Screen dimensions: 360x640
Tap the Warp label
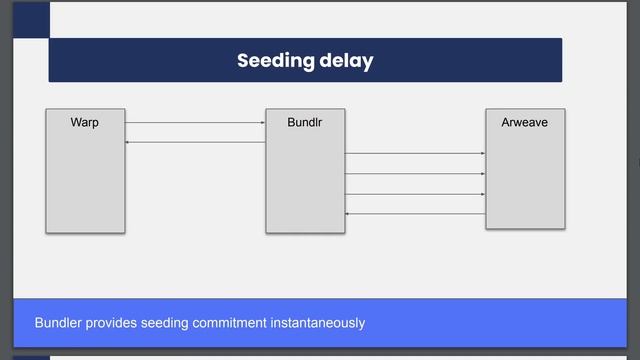click(85, 123)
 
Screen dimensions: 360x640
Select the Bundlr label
click(304, 123)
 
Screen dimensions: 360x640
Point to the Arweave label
click(524, 123)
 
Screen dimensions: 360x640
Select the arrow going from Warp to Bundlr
click(195, 123)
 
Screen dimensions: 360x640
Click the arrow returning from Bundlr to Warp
click(195, 143)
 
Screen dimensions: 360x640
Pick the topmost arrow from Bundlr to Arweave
click(415, 153)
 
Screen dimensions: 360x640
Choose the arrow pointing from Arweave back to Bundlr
click(415, 214)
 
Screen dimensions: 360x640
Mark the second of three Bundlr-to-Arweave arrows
click(415, 174)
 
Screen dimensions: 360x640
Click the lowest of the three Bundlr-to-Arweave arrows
click(415, 194)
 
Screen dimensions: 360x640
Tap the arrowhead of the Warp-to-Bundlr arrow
click(263, 123)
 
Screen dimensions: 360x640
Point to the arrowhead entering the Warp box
click(128, 143)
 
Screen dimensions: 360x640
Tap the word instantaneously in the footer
click(318, 323)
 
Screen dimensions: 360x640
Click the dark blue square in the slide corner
click(31, 18)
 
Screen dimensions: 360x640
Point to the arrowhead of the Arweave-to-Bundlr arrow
click(347, 214)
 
